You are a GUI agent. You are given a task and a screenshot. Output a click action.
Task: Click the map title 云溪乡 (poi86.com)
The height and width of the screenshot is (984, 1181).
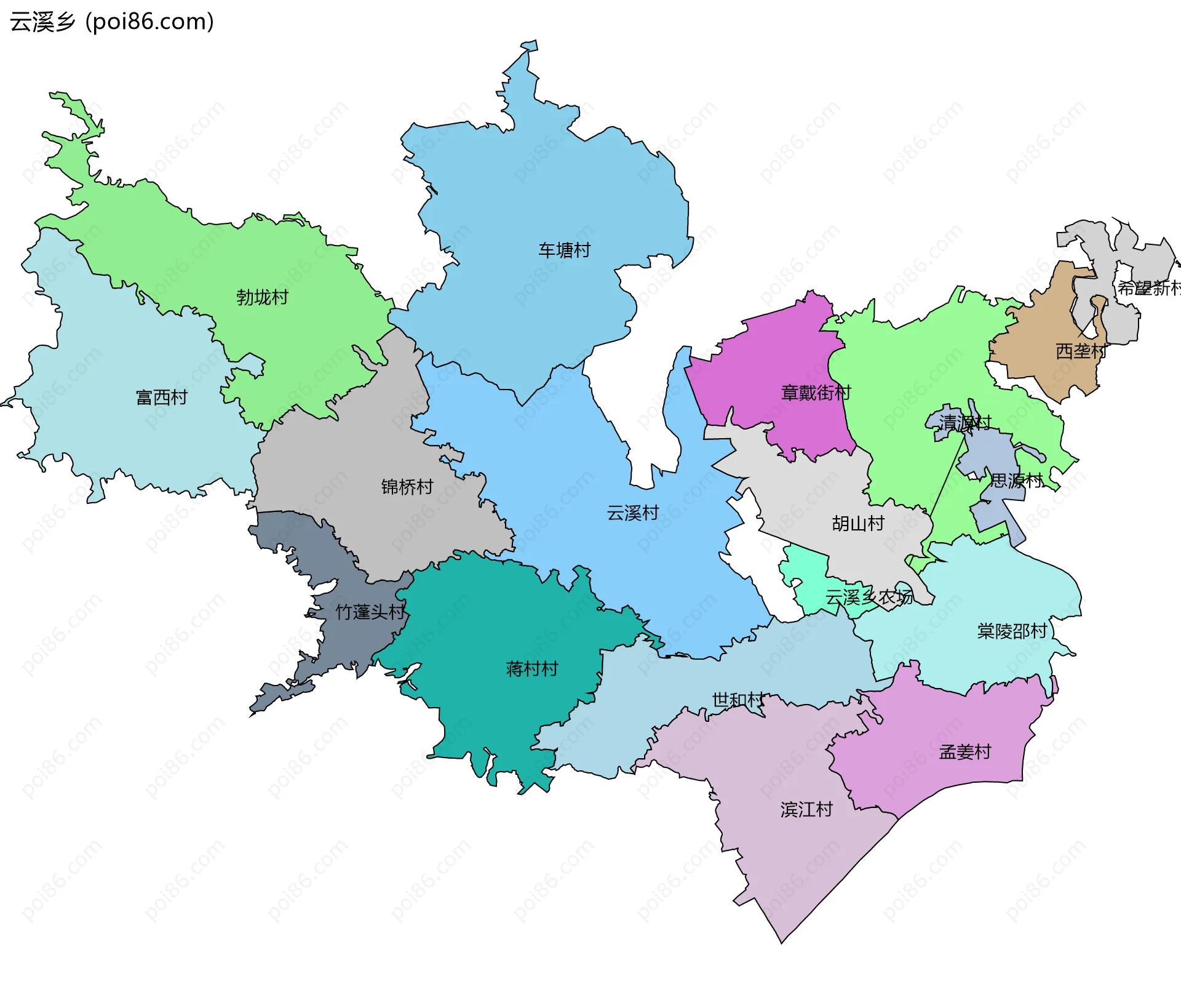tap(112, 22)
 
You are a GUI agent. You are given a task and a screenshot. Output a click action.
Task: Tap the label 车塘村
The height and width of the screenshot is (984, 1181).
tap(564, 250)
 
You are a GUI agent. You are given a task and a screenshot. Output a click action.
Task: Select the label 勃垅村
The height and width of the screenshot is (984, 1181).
tap(262, 297)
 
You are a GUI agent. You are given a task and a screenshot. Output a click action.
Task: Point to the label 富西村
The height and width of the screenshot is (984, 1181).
tap(161, 398)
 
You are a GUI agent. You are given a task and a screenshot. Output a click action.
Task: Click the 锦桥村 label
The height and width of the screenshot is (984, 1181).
tap(407, 487)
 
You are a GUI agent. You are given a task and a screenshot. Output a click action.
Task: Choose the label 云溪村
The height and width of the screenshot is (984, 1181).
tap(632, 513)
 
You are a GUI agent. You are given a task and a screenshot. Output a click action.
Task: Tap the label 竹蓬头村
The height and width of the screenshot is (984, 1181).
tap(370, 612)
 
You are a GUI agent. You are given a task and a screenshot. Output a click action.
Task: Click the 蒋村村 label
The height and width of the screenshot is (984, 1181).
tap(531, 668)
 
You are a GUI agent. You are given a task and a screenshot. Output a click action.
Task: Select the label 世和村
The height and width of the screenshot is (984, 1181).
tap(738, 700)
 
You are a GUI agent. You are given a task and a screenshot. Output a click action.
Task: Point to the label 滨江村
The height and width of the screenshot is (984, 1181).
tap(806, 809)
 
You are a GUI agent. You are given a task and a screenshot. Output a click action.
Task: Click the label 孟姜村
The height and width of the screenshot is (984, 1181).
tap(964, 752)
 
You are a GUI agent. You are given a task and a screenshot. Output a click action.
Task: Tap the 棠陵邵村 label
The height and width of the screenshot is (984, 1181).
tap(1012, 631)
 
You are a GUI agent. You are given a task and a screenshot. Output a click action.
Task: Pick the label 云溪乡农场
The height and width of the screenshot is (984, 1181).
tap(869, 597)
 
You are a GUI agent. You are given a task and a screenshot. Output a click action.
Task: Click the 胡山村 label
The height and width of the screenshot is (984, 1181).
tap(857, 523)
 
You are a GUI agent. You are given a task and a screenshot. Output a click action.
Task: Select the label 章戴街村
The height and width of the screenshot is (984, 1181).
tap(816, 393)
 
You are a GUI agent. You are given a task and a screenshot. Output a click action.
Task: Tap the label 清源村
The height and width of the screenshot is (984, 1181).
tap(964, 422)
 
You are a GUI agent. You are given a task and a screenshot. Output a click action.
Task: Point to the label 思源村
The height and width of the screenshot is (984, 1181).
tap(1016, 480)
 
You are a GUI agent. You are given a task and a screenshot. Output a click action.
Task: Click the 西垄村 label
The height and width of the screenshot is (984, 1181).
tap(1081, 351)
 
